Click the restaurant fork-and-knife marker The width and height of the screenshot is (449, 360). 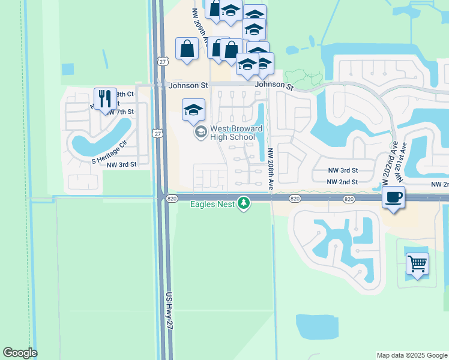click(x=106, y=98)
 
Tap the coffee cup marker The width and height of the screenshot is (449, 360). click(x=393, y=197)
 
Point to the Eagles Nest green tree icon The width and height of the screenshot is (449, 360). click(x=244, y=204)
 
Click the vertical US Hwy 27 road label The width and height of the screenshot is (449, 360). click(x=169, y=310)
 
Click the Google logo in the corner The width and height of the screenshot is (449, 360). click(x=20, y=353)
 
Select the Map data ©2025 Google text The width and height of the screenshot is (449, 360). click(x=412, y=355)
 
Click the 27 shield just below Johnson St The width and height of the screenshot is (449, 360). click(x=157, y=133)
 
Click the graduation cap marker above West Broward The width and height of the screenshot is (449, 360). click(x=194, y=110)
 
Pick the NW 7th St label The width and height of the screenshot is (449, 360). click(x=119, y=112)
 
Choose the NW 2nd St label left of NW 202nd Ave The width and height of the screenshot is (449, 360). click(x=342, y=182)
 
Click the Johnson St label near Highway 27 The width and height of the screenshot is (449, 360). click(x=188, y=86)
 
